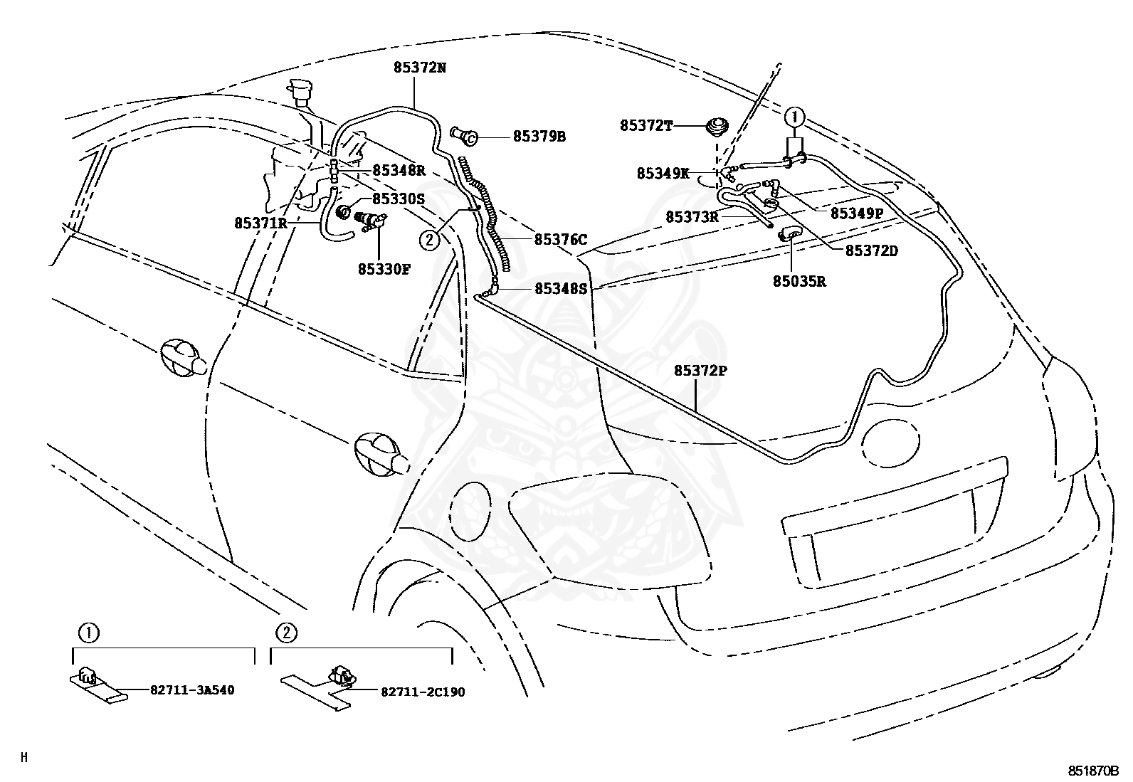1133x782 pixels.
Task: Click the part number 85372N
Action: pos(420,68)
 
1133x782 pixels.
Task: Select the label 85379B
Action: pos(539,137)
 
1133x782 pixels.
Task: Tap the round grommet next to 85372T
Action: pos(717,127)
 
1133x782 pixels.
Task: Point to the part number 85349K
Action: pos(663,174)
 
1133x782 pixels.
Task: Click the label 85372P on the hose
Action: pos(700,371)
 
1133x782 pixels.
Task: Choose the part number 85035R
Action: pos(799,281)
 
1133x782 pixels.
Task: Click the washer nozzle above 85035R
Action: pos(791,233)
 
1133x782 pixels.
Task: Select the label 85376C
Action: pos(561,239)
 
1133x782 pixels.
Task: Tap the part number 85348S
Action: pos(561,288)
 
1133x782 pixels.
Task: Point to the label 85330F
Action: pos(384,269)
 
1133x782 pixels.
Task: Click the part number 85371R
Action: pos(260,223)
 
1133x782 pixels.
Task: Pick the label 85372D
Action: pos(872,250)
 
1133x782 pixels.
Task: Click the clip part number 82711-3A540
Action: pos(192,690)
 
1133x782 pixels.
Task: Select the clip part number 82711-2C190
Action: pos(423,692)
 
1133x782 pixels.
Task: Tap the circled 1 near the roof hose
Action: pos(794,118)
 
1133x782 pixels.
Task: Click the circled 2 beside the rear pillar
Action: pos(429,240)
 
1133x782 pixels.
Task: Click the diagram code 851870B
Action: pos(1093,771)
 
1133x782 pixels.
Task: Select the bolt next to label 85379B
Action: pos(463,136)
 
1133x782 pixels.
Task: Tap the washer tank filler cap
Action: pos(299,91)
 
